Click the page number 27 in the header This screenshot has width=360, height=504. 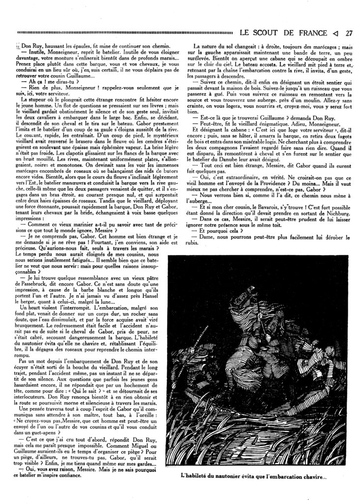(x=349, y=33)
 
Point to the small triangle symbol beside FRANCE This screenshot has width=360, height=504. (x=335, y=33)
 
